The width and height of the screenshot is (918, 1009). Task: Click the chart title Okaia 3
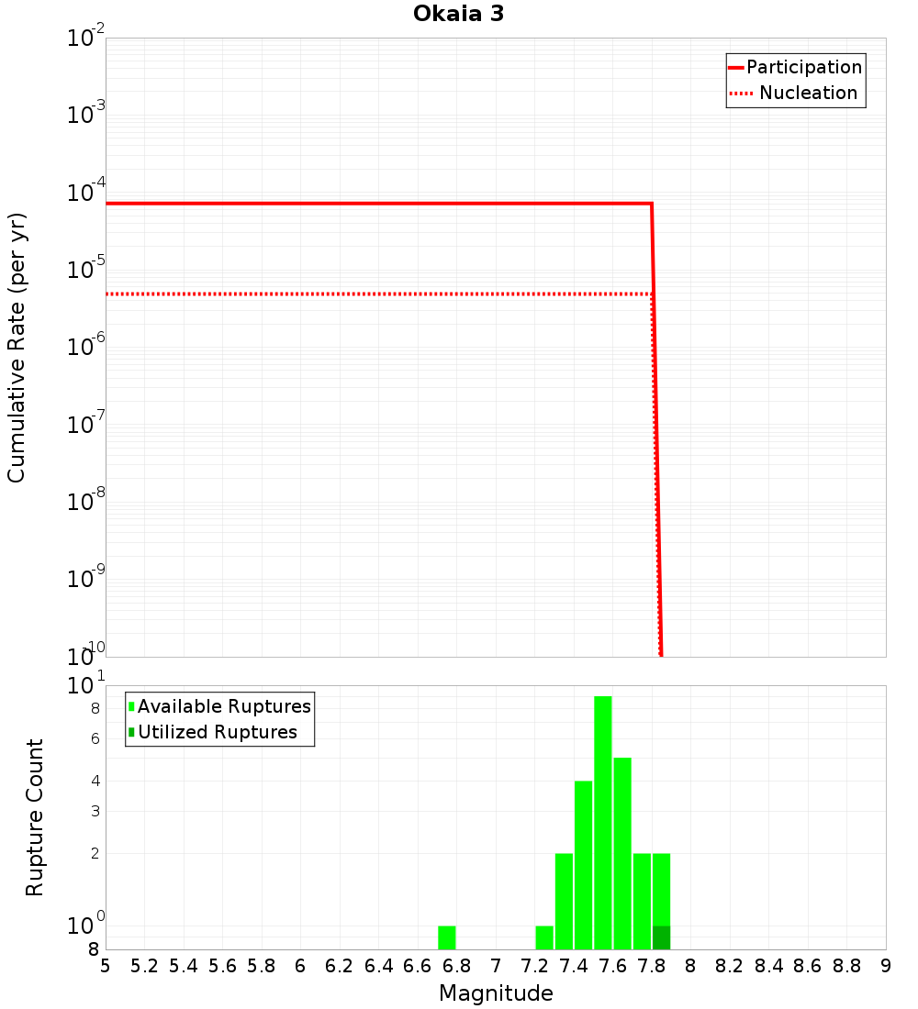(x=458, y=15)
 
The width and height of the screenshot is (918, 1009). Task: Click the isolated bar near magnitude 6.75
(x=447, y=937)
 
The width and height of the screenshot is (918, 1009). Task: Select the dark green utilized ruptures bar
(x=661, y=937)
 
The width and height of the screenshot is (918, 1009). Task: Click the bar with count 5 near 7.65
(x=622, y=853)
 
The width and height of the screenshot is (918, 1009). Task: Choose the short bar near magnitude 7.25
(x=544, y=937)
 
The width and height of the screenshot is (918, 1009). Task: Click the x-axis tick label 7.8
(x=652, y=966)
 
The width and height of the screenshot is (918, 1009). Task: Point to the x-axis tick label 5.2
(x=144, y=966)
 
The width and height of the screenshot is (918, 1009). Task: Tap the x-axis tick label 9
(x=886, y=966)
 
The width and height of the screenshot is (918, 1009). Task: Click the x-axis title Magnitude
(x=496, y=993)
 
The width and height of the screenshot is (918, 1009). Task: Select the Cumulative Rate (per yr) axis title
(x=17, y=348)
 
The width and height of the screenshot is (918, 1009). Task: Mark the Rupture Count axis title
(x=35, y=817)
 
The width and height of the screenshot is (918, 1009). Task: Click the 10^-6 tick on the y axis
(x=84, y=348)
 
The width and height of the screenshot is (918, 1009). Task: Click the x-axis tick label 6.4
(x=378, y=966)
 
